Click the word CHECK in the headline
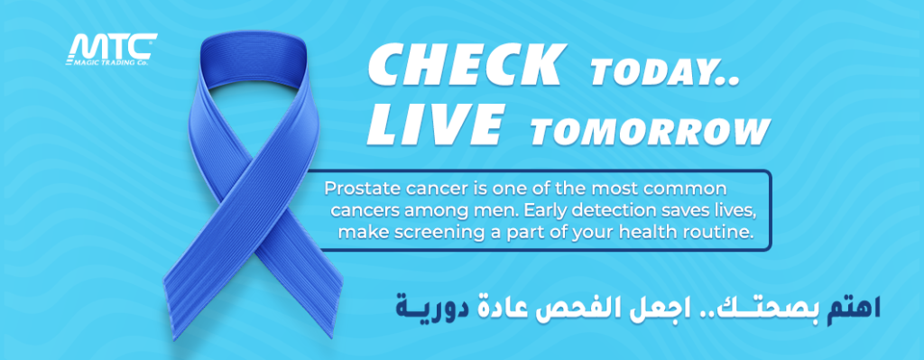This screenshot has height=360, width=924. coord(465,65)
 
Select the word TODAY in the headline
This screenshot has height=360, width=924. coord(665,72)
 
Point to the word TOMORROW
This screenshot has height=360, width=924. coord(651,131)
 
